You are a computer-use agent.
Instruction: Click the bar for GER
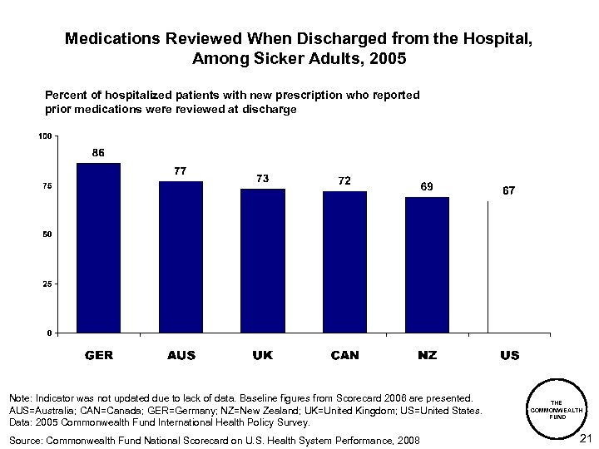tap(98, 248)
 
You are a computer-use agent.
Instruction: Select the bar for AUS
tap(181, 257)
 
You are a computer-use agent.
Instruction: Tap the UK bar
tap(263, 260)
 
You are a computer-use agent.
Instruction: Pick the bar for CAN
tap(344, 262)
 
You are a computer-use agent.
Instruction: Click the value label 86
tap(98, 152)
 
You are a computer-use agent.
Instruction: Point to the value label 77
tap(180, 170)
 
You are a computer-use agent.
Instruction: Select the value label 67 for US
tap(508, 190)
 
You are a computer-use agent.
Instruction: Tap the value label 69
tap(426, 187)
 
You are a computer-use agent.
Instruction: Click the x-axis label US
tap(509, 355)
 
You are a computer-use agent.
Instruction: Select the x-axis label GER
tap(99, 355)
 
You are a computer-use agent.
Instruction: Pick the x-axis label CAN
tap(344, 355)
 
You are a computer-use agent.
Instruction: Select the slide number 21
tap(584, 438)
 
